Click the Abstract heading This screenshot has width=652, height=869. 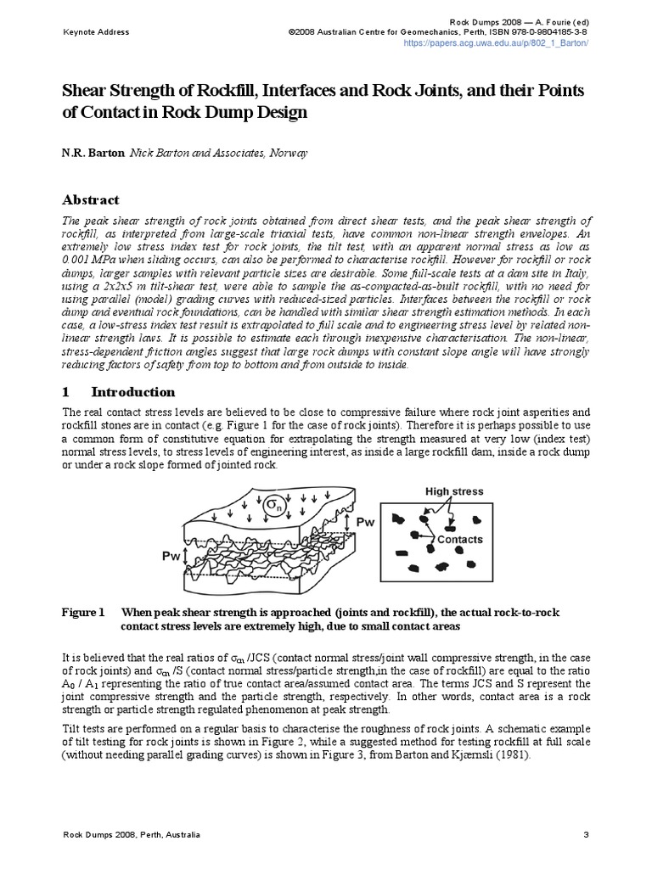(92, 200)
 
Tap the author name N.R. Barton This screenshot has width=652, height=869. (93, 154)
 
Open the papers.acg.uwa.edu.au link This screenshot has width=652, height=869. (496, 42)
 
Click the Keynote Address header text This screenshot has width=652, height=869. (97, 31)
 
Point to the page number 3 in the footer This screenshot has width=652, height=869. (586, 835)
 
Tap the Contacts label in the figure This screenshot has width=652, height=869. (459, 539)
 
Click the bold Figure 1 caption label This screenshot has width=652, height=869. (83, 612)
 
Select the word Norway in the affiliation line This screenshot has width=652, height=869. (288, 154)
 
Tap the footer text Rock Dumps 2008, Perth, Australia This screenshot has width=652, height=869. (132, 835)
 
